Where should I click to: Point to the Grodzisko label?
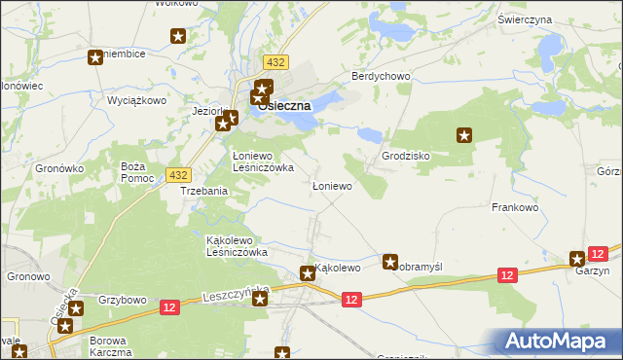tap(406, 156)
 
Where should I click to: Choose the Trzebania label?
tap(204, 191)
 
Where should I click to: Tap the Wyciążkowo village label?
tap(137, 100)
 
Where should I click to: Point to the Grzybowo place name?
tap(122, 300)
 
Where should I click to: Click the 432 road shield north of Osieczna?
tap(275, 62)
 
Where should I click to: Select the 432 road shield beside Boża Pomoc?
tap(177, 174)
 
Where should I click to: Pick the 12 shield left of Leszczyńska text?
tap(170, 307)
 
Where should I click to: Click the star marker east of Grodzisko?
tap(464, 136)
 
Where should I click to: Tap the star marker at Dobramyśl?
tap(390, 261)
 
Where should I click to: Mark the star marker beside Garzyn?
tap(577, 259)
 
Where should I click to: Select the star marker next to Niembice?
tap(95, 57)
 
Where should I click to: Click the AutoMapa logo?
tap(560, 341)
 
